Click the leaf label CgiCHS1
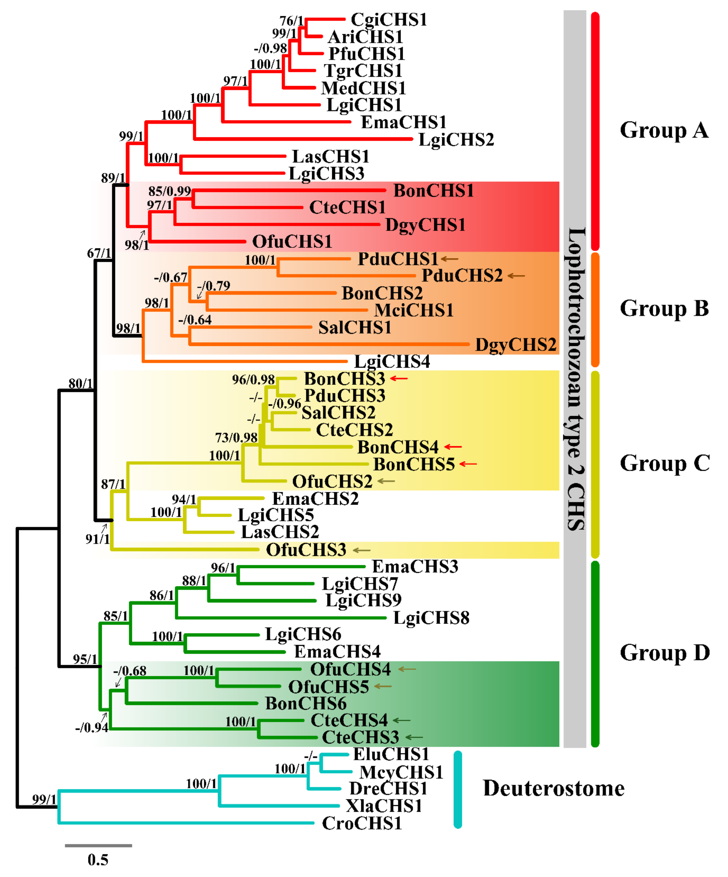coord(388,20)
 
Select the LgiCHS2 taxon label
coord(456,140)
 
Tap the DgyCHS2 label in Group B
coord(515,345)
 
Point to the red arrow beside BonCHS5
coord(468,464)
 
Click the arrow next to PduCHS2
coord(516,276)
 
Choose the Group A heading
coord(664,130)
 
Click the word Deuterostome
coord(553,789)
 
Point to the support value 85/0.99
coord(170,191)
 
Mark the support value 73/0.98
coord(236,437)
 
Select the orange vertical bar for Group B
coord(595,310)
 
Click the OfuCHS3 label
coord(306,550)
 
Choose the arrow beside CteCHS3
coord(414,737)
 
